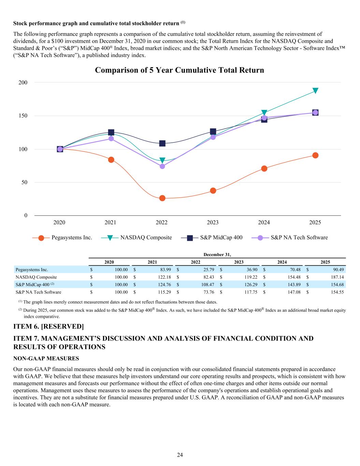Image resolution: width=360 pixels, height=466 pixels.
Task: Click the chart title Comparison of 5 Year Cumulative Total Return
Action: coord(179,70)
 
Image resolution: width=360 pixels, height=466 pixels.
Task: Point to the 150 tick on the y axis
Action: coord(24,116)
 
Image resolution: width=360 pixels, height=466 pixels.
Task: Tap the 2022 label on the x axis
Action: coord(161,223)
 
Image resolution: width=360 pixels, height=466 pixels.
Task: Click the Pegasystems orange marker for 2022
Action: coord(162,198)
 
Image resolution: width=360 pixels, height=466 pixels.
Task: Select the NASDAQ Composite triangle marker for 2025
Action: coord(315,90)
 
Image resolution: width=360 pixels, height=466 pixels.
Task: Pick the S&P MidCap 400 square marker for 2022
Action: coord(162,143)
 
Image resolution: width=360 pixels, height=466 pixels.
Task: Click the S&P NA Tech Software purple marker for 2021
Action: coord(111,139)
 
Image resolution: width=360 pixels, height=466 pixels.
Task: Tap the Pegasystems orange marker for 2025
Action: coord(315,155)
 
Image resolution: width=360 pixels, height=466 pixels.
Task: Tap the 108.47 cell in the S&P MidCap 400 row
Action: coord(207,285)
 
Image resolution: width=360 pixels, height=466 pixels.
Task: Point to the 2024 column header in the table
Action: coord(282,262)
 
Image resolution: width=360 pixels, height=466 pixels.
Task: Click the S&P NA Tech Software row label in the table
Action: coord(39,292)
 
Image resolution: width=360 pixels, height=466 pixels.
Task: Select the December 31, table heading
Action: coord(217,255)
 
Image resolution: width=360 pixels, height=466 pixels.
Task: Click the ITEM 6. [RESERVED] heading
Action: coord(48,326)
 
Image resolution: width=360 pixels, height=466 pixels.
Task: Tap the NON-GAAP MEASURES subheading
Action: coord(46,358)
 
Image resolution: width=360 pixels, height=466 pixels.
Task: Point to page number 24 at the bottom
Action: coord(180,455)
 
